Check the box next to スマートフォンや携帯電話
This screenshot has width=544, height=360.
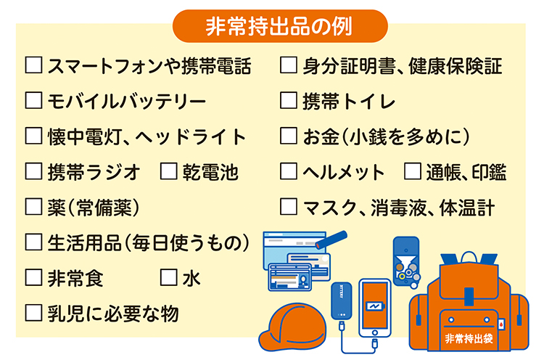(x=33, y=67)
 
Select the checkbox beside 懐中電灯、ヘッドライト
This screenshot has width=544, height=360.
(x=33, y=136)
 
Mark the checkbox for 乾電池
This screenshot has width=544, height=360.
(x=168, y=172)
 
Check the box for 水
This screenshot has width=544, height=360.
(x=168, y=277)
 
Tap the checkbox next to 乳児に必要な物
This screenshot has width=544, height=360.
(x=33, y=313)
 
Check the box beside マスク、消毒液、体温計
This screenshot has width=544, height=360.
(x=288, y=208)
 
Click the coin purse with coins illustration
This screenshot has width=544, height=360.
(x=406, y=258)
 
